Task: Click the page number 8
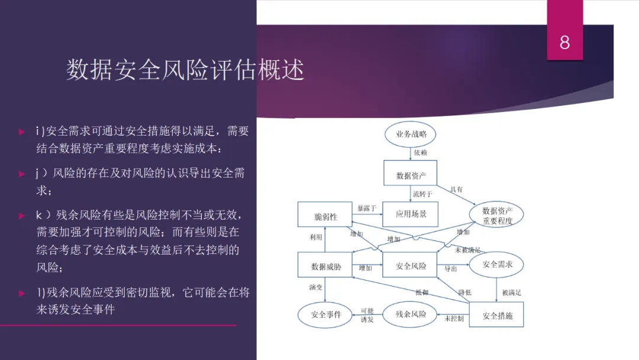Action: click(x=564, y=42)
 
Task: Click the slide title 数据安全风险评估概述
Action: click(x=185, y=70)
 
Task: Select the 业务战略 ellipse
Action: click(x=411, y=134)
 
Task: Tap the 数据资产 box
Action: click(x=411, y=175)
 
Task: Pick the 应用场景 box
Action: click(x=411, y=214)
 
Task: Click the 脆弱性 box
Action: click(x=325, y=217)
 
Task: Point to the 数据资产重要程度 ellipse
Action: click(x=497, y=216)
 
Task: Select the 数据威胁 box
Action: click(x=325, y=266)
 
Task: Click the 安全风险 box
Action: click(x=411, y=266)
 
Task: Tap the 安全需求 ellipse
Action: click(x=497, y=265)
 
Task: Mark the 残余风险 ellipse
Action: click(x=411, y=314)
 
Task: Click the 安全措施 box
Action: click(x=497, y=316)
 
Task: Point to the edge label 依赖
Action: click(x=420, y=153)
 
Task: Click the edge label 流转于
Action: click(x=422, y=194)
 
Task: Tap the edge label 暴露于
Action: click(x=367, y=208)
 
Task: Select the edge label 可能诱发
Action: click(x=367, y=315)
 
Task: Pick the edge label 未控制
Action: click(x=454, y=319)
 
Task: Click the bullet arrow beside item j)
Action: click(x=22, y=174)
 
